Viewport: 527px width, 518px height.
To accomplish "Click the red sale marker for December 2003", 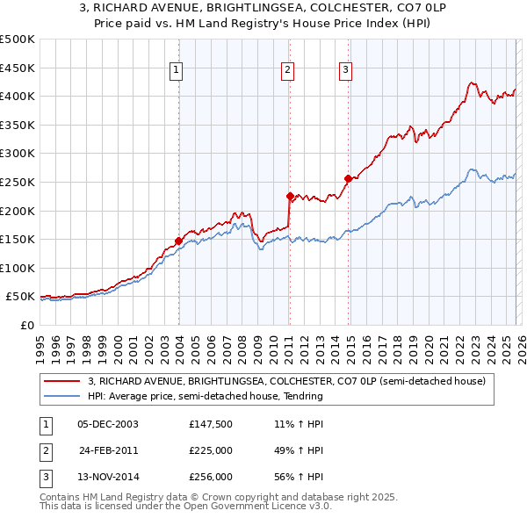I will click(178, 241).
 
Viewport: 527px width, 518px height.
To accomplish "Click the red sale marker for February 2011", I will click(290, 196).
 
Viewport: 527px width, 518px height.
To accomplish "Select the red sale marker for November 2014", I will click(348, 178).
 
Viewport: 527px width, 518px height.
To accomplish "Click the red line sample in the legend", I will click(63, 381).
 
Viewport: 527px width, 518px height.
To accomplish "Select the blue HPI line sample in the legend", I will click(63, 396).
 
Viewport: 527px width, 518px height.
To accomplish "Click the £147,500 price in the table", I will click(211, 424).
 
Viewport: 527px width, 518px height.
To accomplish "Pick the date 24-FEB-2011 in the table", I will click(108, 451).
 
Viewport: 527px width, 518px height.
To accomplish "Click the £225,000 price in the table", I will click(211, 451).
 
